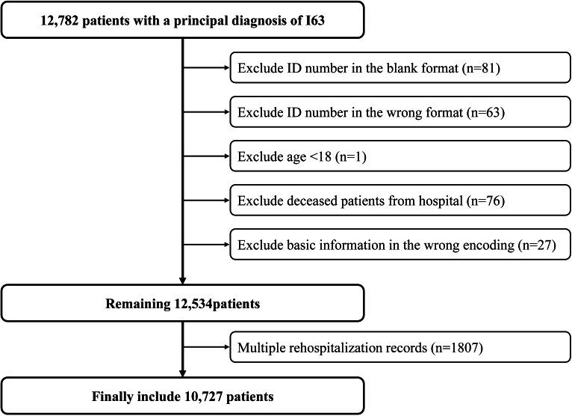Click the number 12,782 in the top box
pyautogui.click(x=60, y=19)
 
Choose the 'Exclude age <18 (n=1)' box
pyautogui.click(x=399, y=157)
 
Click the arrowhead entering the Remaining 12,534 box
pyautogui.click(x=182, y=283)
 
